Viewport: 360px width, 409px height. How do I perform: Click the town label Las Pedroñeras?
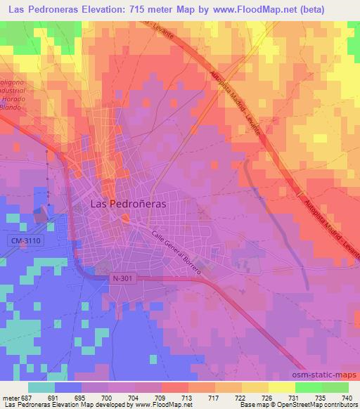click(131, 203)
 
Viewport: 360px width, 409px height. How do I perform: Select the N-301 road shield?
click(121, 278)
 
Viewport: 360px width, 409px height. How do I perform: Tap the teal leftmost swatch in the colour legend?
click(41, 387)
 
